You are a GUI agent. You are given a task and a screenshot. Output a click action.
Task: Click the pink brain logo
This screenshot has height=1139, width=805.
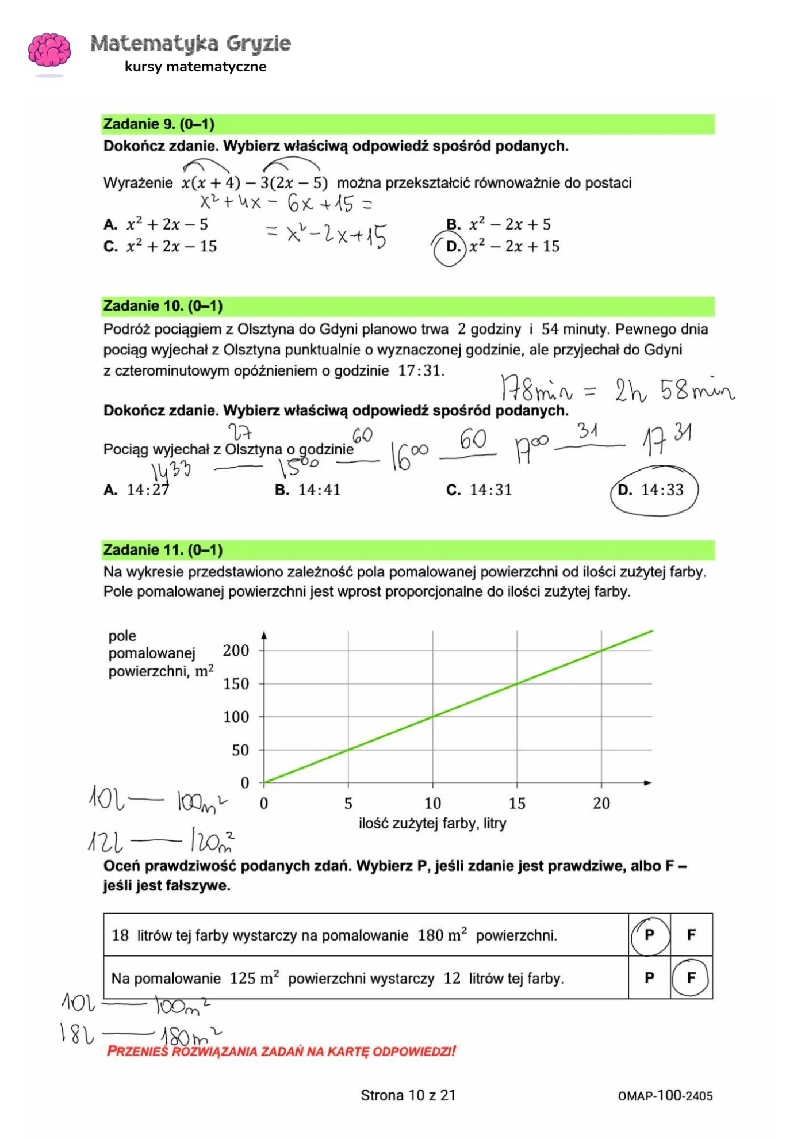[49, 51]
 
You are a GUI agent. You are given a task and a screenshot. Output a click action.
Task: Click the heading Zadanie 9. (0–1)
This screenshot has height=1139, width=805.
[159, 124]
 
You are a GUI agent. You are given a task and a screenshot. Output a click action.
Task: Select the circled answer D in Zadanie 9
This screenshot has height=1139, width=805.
[452, 247]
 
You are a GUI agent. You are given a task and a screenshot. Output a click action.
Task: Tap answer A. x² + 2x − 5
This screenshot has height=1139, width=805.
[156, 224]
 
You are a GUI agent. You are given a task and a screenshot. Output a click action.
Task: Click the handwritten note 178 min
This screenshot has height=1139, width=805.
[536, 390]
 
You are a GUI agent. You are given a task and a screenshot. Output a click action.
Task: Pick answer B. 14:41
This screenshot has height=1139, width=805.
[308, 490]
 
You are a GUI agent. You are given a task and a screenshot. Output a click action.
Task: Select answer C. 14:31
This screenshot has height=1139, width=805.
[479, 490]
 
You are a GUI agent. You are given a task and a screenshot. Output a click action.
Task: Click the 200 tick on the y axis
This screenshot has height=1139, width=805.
[236, 651]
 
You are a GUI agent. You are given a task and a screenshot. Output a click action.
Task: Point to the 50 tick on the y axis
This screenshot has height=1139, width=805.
[240, 750]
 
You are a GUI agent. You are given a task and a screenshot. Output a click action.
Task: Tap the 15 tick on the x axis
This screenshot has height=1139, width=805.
[517, 803]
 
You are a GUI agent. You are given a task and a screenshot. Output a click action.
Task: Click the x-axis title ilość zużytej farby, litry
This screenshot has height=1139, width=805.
[432, 824]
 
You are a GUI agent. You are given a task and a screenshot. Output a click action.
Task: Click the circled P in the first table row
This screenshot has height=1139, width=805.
[649, 935]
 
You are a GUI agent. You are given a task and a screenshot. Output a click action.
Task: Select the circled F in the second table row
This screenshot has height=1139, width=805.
[691, 977]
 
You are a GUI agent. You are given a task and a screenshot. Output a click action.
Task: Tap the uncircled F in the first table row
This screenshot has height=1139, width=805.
[691, 935]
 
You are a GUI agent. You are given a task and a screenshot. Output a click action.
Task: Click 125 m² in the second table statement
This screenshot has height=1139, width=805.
[254, 979]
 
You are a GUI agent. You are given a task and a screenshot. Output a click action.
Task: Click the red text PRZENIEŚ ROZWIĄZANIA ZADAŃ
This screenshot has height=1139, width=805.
[281, 1052]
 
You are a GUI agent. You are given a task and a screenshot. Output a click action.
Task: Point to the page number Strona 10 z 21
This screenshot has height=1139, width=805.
[408, 1095]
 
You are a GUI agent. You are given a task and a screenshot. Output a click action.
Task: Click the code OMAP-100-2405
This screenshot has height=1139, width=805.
[665, 1096]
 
